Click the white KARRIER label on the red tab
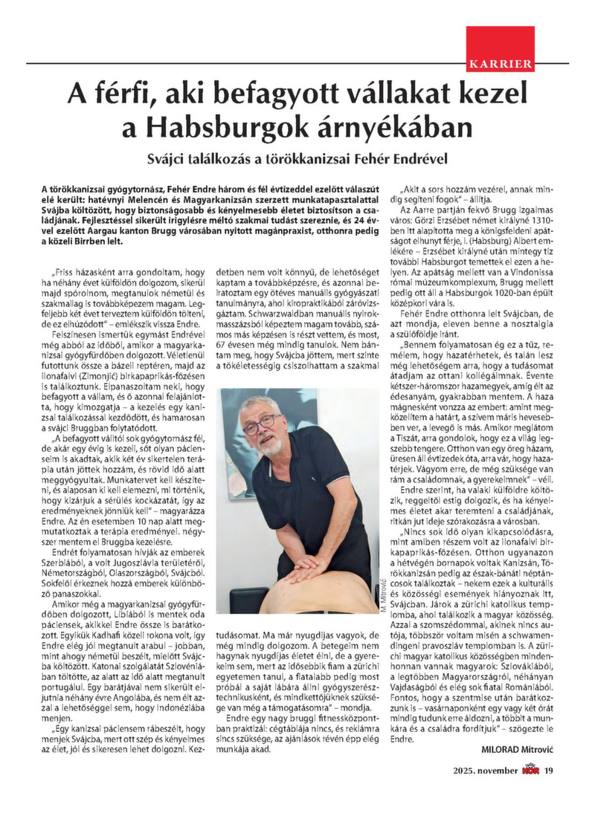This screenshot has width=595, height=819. (x=501, y=64)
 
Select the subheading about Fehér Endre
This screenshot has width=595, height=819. (x=297, y=159)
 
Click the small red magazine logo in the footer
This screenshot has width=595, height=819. (x=529, y=789)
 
